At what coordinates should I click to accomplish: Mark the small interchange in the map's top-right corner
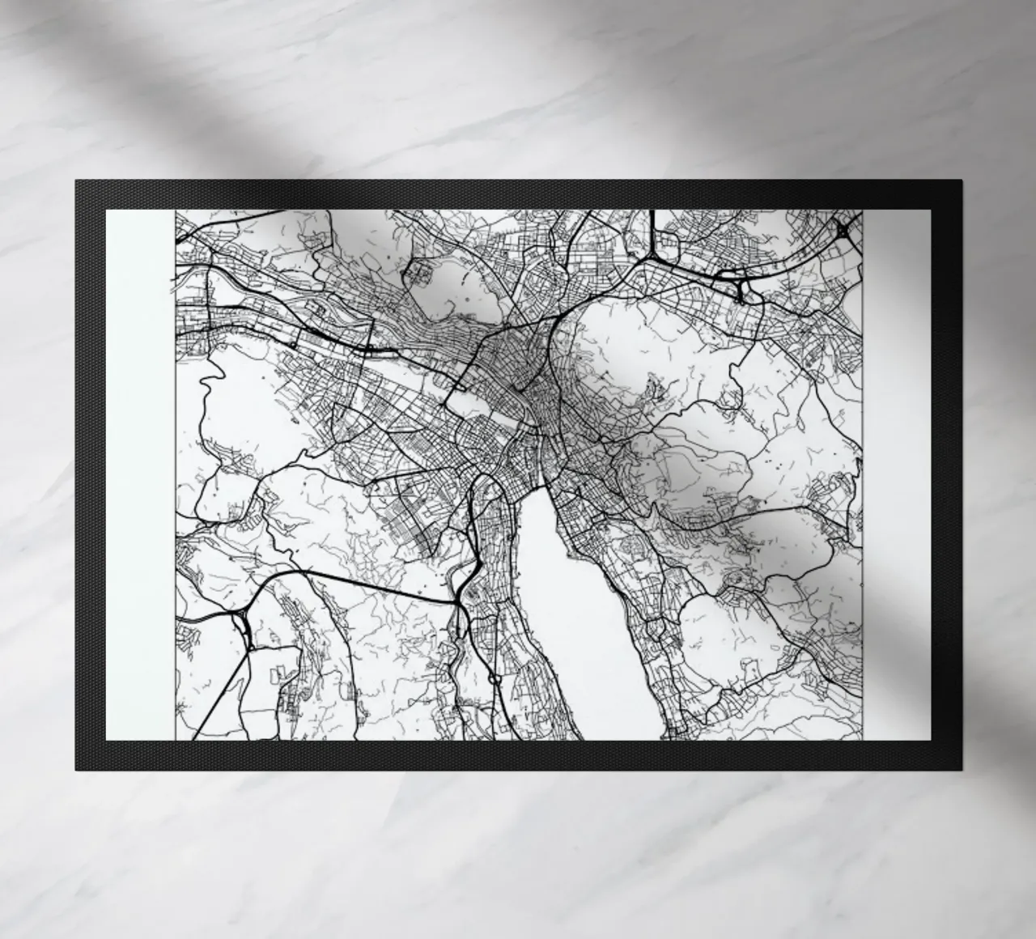pos(844,231)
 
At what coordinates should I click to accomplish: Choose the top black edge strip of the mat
pos(518,194)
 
